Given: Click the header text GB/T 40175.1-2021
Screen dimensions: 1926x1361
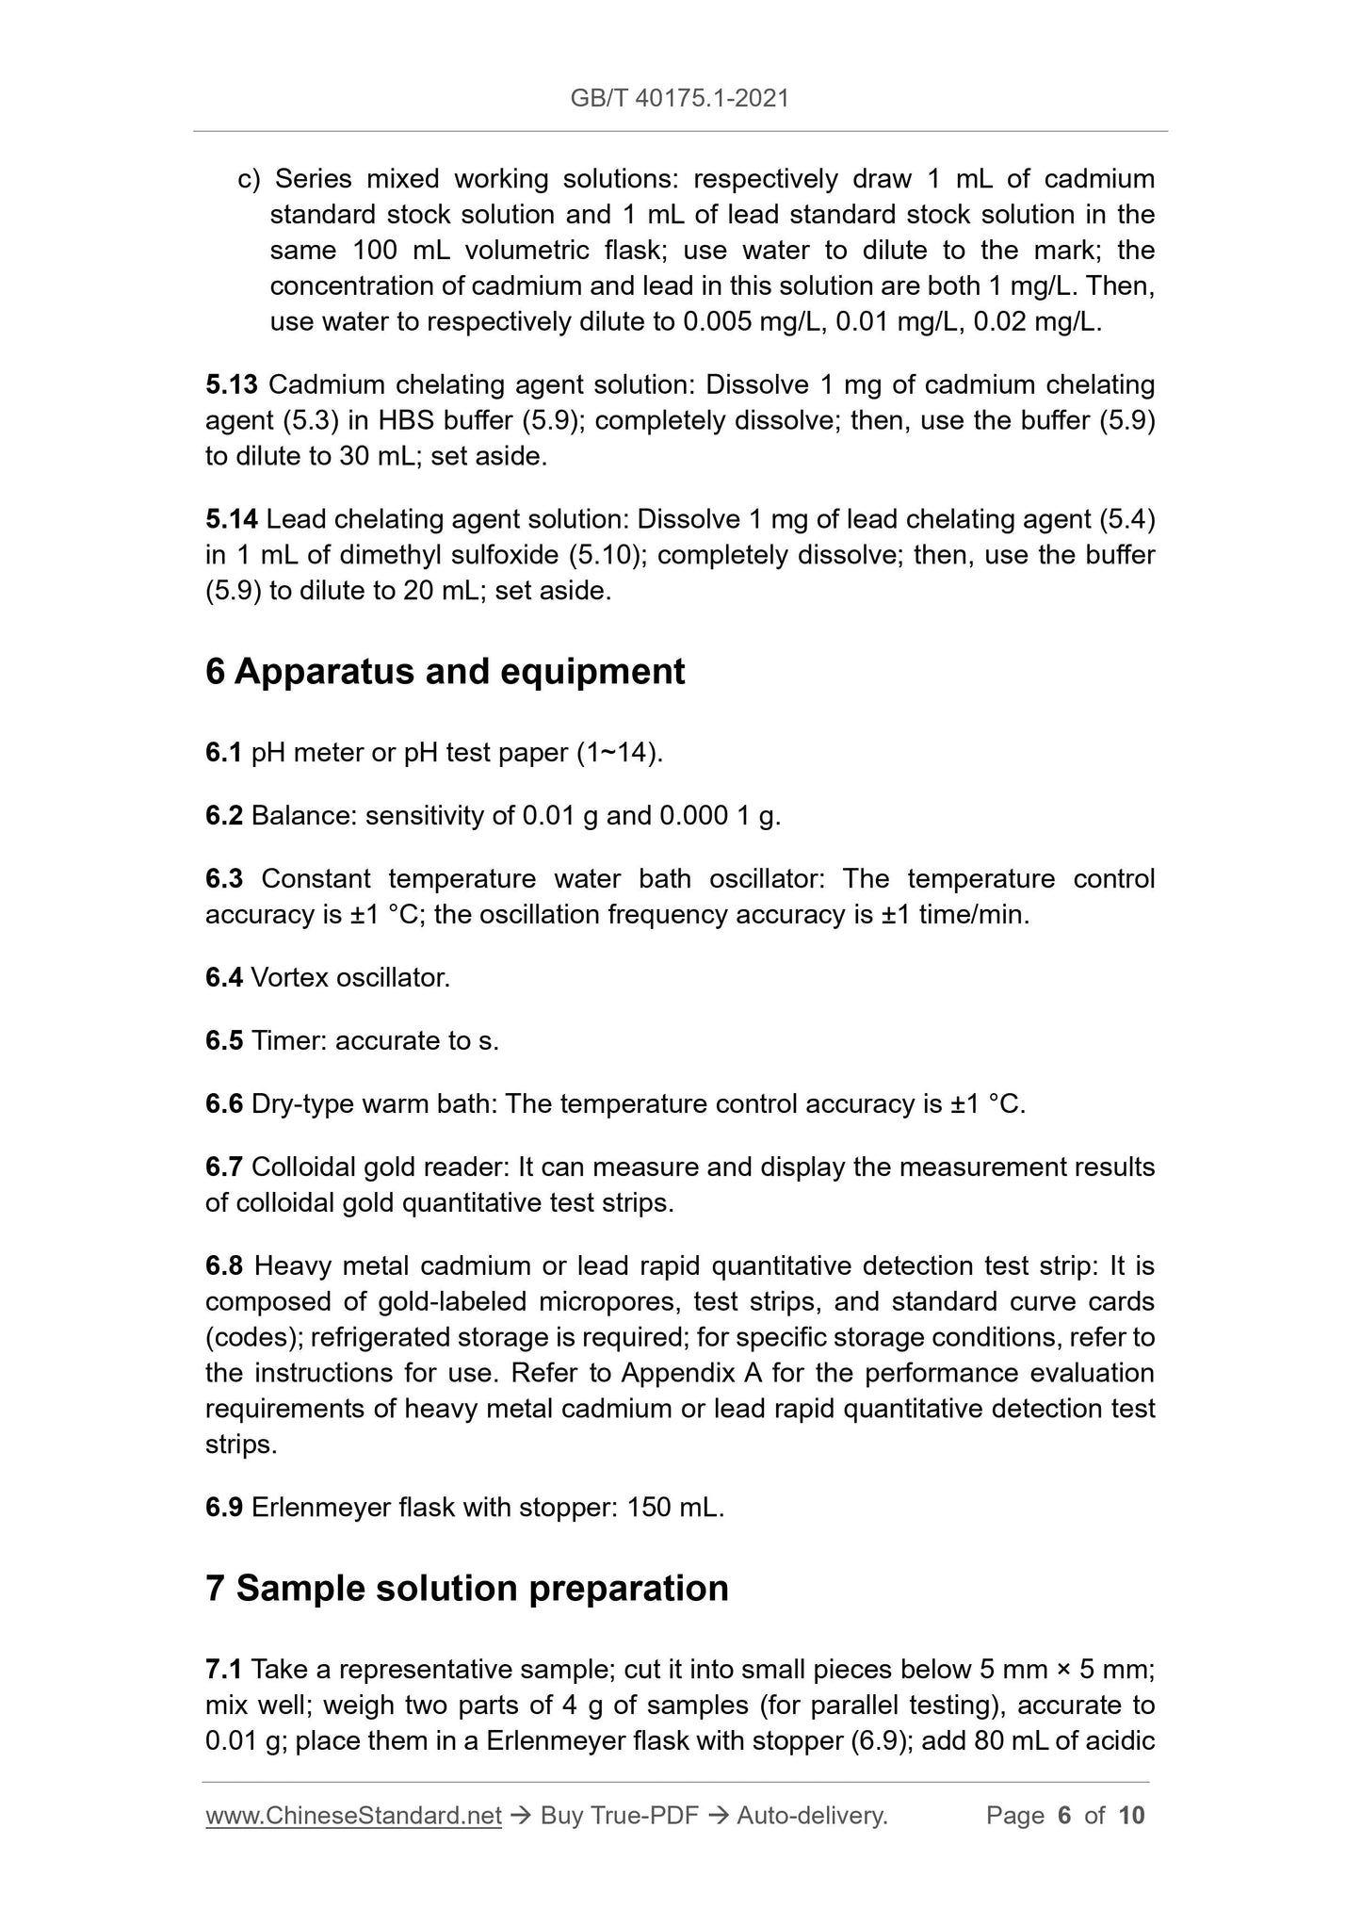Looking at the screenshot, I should click(x=679, y=97).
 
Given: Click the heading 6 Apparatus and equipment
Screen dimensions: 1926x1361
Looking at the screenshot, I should click(x=445, y=672).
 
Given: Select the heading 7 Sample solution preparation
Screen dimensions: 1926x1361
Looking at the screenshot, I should click(x=466, y=1588).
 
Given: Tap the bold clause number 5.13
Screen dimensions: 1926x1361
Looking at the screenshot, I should click(x=231, y=384).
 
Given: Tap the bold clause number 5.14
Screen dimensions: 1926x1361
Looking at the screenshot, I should click(x=231, y=519).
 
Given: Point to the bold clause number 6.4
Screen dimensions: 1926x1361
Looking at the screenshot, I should click(x=223, y=978).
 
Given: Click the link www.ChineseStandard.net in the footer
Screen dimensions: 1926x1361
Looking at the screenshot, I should click(x=353, y=1816).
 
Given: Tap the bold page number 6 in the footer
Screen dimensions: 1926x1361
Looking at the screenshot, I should click(x=1064, y=1816).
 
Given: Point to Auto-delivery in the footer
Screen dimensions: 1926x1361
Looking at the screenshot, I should click(x=812, y=1816).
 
